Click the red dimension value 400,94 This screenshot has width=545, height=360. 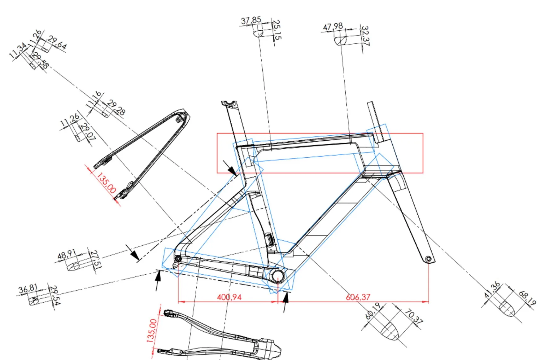tap(229, 297)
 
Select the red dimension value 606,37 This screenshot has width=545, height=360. tap(358, 297)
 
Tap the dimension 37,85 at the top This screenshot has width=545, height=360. tap(251, 20)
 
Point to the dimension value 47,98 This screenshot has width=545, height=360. tap(333, 27)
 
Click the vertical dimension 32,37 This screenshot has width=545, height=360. tap(365, 35)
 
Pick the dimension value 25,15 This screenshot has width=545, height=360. tap(277, 30)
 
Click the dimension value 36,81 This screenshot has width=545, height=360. tap(28, 289)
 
